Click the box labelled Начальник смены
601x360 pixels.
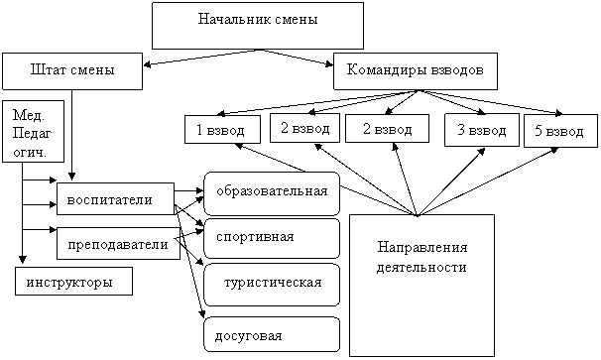[258, 26]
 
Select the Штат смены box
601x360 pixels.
[72, 71]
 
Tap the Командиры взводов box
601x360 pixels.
[416, 71]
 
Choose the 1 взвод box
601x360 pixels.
[222, 130]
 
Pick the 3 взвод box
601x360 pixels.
[482, 130]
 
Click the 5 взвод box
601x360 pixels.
[560, 131]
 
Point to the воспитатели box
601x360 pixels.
[116, 199]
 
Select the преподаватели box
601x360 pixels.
[118, 243]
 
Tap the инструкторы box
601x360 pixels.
[74, 281]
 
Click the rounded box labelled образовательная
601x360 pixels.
[272, 193]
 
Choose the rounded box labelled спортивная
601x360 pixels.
[272, 238]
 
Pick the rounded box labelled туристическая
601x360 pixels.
[272, 285]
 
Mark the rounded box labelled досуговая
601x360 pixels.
[272, 334]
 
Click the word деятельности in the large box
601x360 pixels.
[421, 267]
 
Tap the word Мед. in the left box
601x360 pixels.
[29, 115]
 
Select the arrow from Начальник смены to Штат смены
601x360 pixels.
[202, 58]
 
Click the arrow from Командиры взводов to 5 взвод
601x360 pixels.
[491, 102]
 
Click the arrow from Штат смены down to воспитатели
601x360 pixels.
[72, 135]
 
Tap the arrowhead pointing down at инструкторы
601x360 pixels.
[22, 260]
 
